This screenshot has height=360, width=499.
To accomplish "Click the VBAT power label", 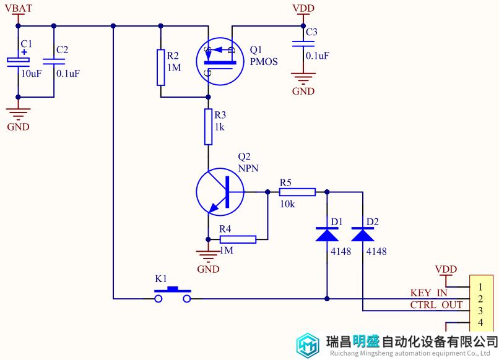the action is coord(19,8).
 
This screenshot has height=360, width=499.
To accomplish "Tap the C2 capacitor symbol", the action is coord(54,61).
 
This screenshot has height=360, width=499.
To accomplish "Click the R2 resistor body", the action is coord(161,67).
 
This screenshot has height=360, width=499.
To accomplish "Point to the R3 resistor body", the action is coord(208,127).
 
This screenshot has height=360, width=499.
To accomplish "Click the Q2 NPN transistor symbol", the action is coord(220,192).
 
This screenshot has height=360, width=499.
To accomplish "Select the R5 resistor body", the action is coord(297,192).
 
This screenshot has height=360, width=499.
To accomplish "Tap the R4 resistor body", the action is coord(238,239).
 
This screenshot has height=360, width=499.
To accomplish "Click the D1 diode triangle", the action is coord(327,234).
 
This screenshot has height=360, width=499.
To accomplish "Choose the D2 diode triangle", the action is coord(362,234).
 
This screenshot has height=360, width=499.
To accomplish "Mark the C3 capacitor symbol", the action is coord(303,43).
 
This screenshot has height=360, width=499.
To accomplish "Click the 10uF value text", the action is coord(31,74).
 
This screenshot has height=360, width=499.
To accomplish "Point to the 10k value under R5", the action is coord(287,204).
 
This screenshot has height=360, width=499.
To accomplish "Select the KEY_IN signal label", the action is coord(428,293).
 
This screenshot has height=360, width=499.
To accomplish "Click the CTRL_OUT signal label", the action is coord(436,305).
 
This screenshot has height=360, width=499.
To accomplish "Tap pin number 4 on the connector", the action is coord(480,323).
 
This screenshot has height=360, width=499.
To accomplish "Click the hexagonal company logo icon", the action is coord(308,345).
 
